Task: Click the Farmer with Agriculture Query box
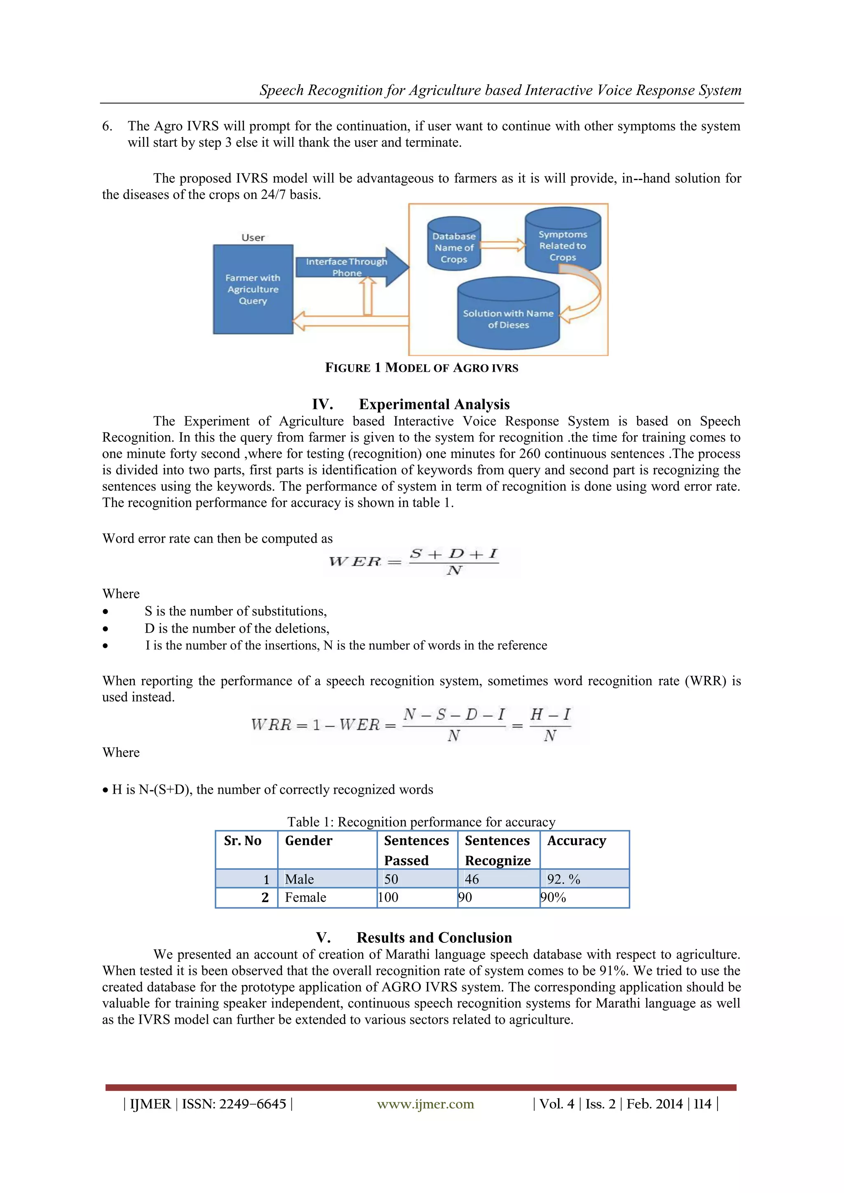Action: tap(253, 289)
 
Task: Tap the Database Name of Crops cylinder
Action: tap(454, 247)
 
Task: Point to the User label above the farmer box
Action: tap(253, 237)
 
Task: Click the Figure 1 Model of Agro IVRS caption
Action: tap(422, 368)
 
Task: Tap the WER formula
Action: tap(414, 561)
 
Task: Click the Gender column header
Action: tap(308, 841)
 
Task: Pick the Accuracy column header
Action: tap(577, 841)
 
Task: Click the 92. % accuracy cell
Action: tap(563, 879)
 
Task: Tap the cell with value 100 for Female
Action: tap(388, 898)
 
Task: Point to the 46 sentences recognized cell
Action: tap(471, 879)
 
